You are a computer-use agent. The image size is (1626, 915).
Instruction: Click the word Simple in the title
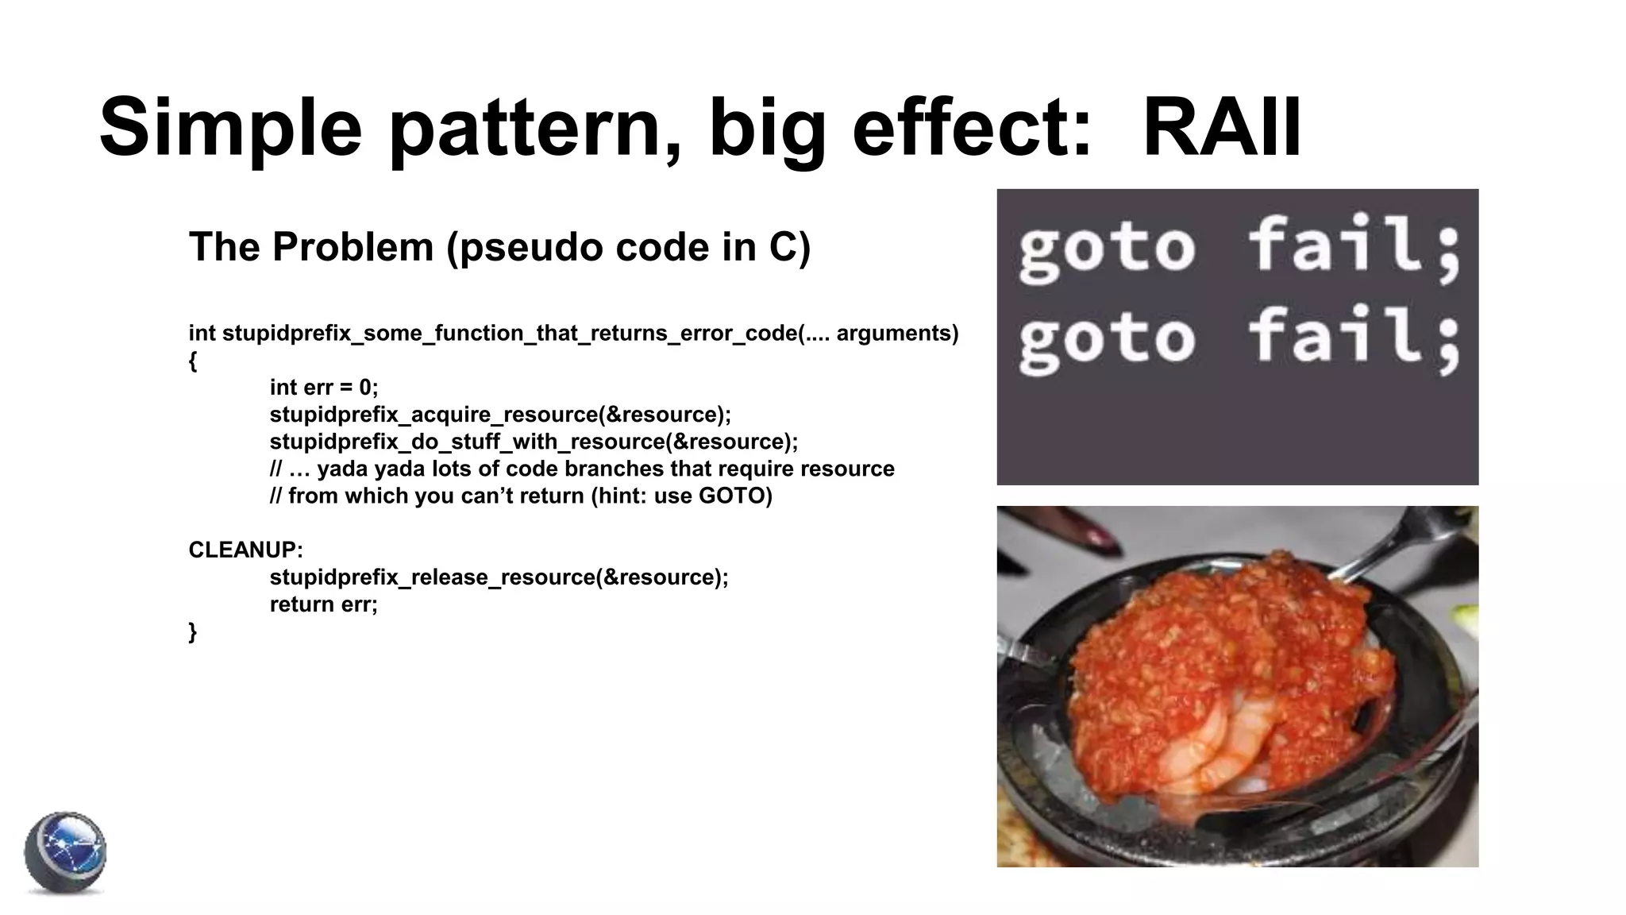(x=230, y=127)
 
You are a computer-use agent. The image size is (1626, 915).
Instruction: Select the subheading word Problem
(x=353, y=246)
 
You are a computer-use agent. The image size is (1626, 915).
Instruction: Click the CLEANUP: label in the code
(x=245, y=550)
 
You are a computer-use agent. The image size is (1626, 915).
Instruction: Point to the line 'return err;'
(x=323, y=604)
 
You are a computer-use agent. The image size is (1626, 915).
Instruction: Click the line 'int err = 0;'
(x=323, y=387)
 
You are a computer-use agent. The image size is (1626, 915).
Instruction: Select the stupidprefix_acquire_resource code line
(x=499, y=414)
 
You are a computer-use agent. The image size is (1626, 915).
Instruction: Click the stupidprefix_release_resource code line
(x=498, y=577)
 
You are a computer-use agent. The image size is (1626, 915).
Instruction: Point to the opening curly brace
(x=193, y=361)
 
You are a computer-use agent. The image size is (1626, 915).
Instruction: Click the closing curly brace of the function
(x=193, y=632)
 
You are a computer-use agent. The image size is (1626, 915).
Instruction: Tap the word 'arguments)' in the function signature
(x=897, y=333)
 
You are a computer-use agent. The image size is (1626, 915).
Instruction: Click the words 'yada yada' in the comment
(x=372, y=469)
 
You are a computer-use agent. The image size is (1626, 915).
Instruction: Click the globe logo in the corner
(x=65, y=853)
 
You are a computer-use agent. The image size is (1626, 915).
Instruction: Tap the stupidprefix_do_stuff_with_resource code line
(x=534, y=441)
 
